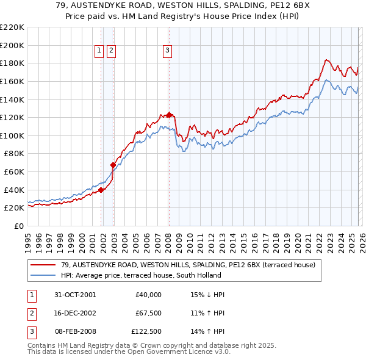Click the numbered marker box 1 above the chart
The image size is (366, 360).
pyautogui.click(x=99, y=51)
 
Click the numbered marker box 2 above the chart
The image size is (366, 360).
pyautogui.click(x=111, y=51)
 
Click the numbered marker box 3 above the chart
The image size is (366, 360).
pyautogui.click(x=167, y=51)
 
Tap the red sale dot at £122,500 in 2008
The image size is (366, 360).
pyautogui.click(x=169, y=115)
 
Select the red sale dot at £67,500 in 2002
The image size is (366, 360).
pyautogui.click(x=113, y=165)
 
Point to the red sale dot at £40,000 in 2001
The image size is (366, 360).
pyautogui.click(x=101, y=190)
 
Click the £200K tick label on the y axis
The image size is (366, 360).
pyautogui.click(x=12, y=45)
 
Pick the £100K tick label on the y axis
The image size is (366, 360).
pyautogui.click(x=12, y=135)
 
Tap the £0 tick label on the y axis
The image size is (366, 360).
pyautogui.click(x=18, y=226)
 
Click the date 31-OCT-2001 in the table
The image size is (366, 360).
pyautogui.click(x=75, y=295)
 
